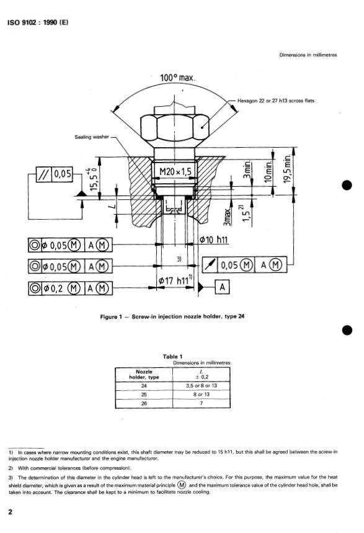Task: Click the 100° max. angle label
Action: [177, 78]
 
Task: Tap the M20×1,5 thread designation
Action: [175, 172]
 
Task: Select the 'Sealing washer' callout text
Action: [92, 137]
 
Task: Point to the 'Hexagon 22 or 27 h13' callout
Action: [275, 101]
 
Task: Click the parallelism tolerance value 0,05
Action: [63, 174]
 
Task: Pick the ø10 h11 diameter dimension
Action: [214, 240]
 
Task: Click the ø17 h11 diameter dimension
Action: [175, 281]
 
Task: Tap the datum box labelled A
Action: [222, 287]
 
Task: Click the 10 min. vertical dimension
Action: [269, 172]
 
